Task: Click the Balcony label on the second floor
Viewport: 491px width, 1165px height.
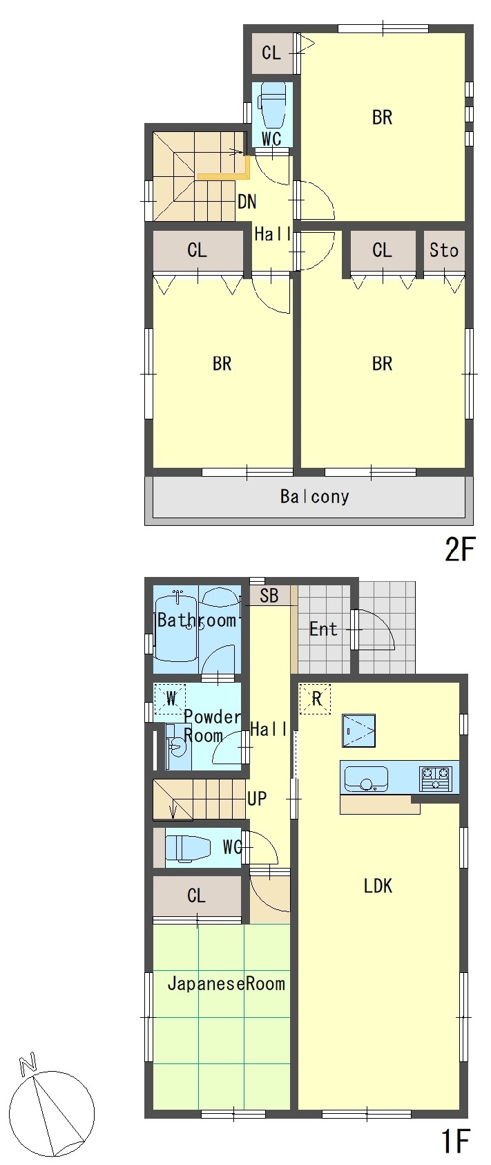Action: point(314,497)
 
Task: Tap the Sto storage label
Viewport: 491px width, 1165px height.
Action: point(444,250)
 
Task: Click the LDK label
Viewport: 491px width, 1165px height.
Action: point(378,885)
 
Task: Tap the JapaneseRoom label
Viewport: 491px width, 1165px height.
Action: point(226,983)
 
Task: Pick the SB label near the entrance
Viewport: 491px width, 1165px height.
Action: point(269,596)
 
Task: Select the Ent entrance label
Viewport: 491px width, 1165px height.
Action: point(323,629)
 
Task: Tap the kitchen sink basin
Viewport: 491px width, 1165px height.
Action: point(366,779)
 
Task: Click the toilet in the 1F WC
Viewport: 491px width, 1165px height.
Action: point(188,848)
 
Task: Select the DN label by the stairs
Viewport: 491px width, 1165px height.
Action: point(247,202)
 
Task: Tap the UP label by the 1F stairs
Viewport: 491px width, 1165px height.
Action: point(257,798)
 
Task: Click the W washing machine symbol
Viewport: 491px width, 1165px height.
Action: point(171,698)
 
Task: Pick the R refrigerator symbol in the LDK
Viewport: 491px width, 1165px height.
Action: point(316,699)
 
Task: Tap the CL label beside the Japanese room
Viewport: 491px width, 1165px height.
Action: point(196,896)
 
